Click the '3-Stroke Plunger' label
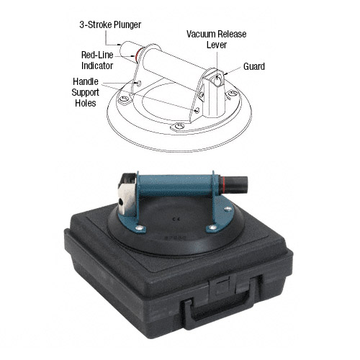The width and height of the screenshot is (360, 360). (110, 24)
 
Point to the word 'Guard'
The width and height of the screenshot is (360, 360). (254, 67)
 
